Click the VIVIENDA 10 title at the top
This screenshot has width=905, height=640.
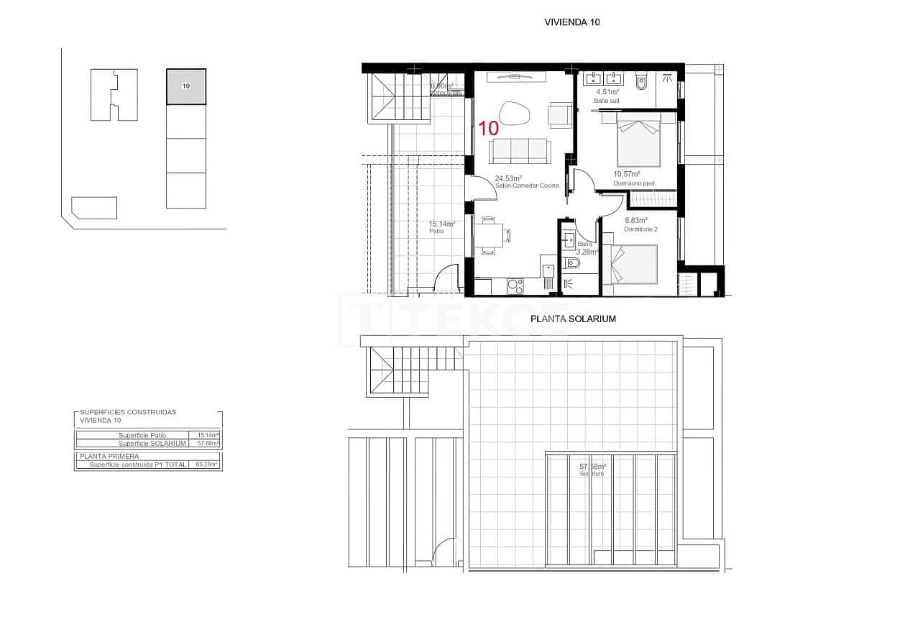click(572, 22)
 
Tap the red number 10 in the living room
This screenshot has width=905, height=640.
click(489, 129)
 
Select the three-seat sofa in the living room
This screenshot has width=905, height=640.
click(520, 150)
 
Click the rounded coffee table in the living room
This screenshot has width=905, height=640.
click(514, 113)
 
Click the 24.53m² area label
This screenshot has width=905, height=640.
click(508, 178)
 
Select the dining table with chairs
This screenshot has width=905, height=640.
click(490, 236)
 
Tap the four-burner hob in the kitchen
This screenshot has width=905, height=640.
click(515, 285)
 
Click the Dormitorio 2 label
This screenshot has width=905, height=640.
click(640, 229)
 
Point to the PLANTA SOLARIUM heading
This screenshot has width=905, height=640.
click(573, 319)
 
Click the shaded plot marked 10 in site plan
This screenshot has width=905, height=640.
click(186, 87)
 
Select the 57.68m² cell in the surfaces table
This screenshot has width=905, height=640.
click(208, 444)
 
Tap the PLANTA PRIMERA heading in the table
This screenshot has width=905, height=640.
click(110, 456)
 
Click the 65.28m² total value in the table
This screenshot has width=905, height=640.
click(206, 465)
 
